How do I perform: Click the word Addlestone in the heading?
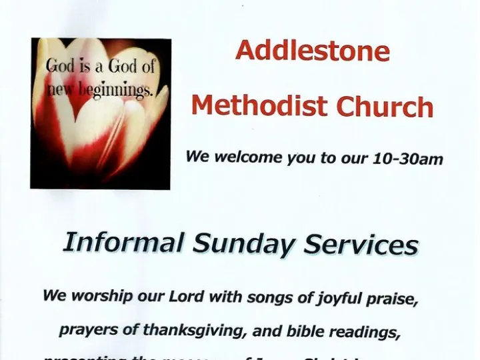tap(312, 50)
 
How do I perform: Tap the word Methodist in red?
tap(259, 105)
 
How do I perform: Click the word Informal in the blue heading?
tap(123, 243)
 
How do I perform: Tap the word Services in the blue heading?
tap(361, 246)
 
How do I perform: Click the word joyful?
tap(339, 299)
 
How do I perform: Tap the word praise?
tap(395, 299)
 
